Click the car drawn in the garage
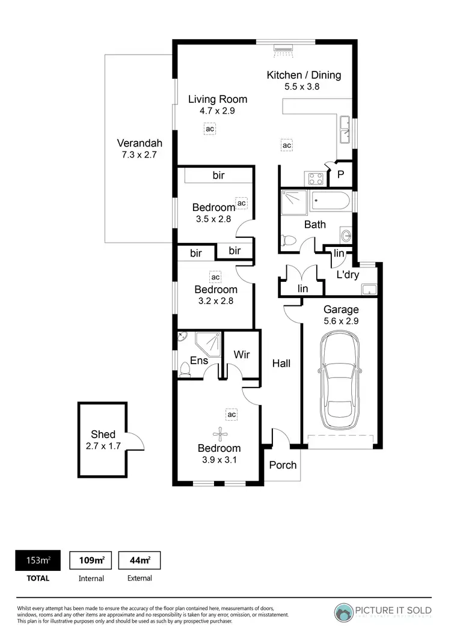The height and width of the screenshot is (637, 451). click(340, 377)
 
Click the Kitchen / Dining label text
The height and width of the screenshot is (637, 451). click(304, 75)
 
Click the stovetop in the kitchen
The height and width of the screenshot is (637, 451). click(316, 178)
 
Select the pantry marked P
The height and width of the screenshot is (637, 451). click(340, 174)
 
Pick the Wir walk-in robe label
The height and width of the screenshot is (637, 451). click(242, 355)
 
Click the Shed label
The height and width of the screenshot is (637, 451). click(103, 434)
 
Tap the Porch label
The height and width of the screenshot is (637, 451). click(283, 465)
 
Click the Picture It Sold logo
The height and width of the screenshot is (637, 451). click(383, 611)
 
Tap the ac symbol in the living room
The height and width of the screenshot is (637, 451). click(209, 129)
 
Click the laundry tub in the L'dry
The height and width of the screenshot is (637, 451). click(369, 290)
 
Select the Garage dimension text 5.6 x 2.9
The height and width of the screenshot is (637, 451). click(341, 321)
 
